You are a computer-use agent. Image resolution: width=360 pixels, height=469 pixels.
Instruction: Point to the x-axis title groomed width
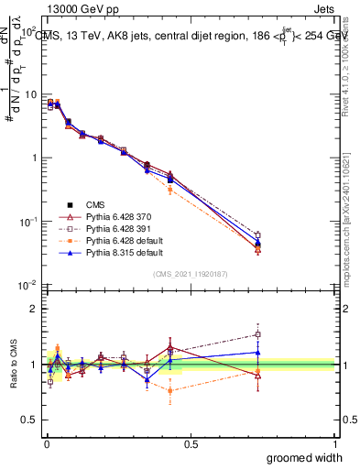pyautogui.click(x=304, y=457)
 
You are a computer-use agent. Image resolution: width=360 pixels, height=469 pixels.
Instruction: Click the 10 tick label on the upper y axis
pyautogui.click(x=30, y=95)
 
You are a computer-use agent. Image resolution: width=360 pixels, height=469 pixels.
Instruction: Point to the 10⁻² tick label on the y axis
pyautogui.click(x=27, y=286)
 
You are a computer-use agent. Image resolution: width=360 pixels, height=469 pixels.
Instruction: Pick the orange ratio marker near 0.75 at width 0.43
pyautogui.click(x=170, y=391)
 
